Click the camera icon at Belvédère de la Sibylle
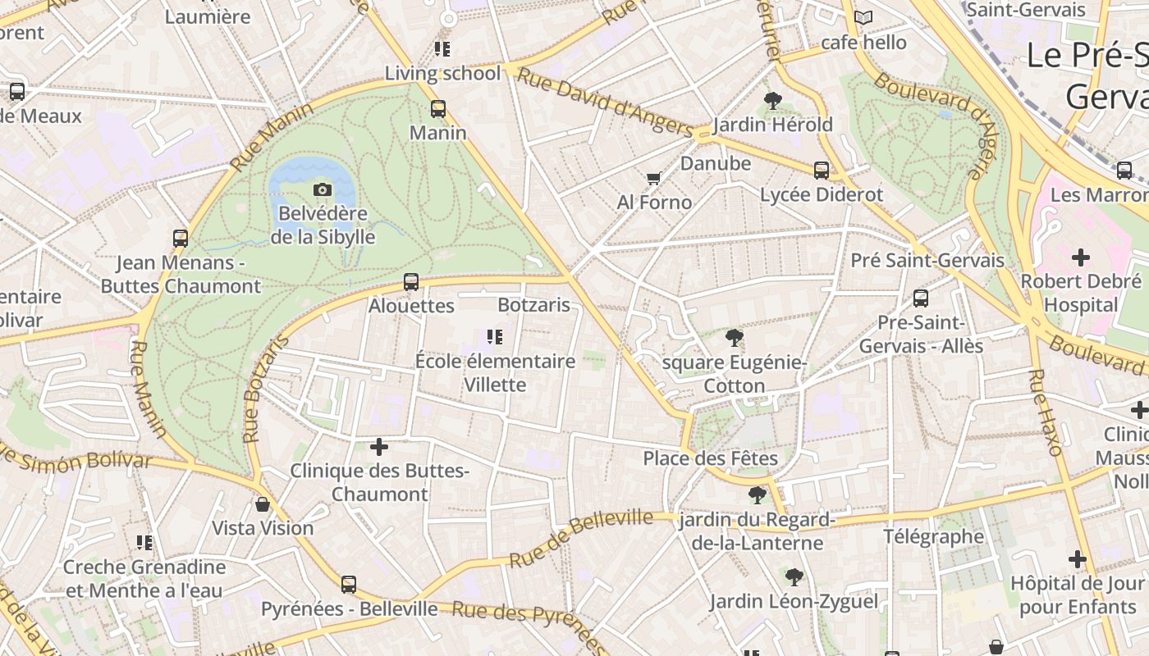click(323, 190)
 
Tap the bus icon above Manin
click(438, 108)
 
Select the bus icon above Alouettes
click(411, 282)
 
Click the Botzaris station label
click(533, 305)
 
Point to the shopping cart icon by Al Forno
click(653, 178)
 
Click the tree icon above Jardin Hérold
click(772, 101)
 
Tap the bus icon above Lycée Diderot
click(822, 171)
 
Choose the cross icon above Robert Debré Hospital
click(1081, 257)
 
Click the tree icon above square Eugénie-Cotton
click(735, 338)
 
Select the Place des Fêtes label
click(710, 458)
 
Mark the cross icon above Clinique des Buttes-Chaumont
click(379, 447)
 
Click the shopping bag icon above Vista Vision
click(263, 503)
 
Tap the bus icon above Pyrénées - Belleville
click(349, 585)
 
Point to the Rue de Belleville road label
click(581, 537)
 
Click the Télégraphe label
click(934, 537)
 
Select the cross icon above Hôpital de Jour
click(1078, 559)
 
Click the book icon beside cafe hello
click(863, 17)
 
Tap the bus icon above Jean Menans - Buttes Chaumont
click(181, 239)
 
